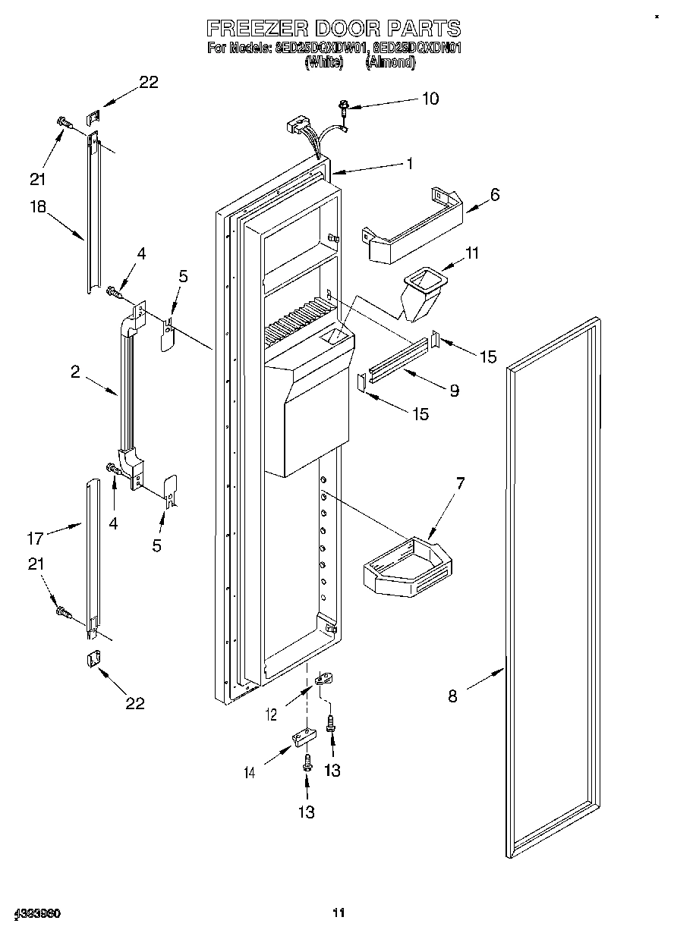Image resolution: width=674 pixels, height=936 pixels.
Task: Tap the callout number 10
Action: [430, 99]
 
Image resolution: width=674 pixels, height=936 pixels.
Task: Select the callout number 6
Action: [495, 194]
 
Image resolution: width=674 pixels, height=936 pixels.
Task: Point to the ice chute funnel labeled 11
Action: [423, 294]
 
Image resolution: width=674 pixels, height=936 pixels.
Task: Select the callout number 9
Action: [454, 391]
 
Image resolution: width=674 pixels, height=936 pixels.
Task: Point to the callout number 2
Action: [75, 372]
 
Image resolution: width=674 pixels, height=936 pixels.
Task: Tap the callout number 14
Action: [250, 773]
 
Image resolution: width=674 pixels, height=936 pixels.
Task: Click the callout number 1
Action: [409, 163]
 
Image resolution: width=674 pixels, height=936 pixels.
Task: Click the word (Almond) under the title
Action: [390, 64]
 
